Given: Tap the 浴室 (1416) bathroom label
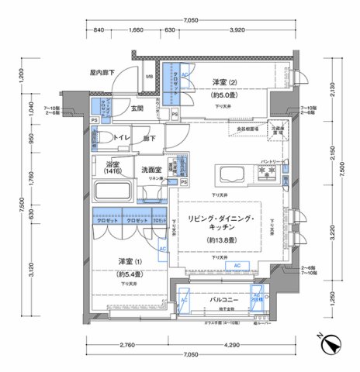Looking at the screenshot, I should (x=112, y=168).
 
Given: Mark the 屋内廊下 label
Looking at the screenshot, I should (x=102, y=72).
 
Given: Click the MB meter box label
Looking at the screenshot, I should (x=151, y=77).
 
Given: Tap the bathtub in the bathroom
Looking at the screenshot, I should (x=114, y=191).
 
